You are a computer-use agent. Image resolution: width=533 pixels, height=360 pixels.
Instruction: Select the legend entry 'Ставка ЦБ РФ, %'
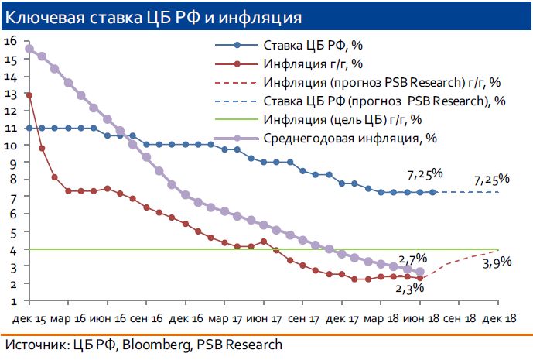click(x=309, y=46)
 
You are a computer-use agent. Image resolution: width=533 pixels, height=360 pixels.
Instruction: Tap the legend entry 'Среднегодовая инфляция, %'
click(x=338, y=139)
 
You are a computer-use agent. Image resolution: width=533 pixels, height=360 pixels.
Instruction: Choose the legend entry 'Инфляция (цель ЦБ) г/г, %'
click(x=342, y=120)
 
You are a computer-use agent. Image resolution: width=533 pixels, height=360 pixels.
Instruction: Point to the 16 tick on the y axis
click(x=10, y=42)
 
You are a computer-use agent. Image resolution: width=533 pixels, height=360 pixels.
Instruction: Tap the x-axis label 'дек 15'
click(x=29, y=317)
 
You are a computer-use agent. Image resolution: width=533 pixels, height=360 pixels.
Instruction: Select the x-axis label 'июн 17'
click(x=266, y=317)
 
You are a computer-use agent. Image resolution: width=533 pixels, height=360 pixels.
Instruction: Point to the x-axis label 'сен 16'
click(x=148, y=317)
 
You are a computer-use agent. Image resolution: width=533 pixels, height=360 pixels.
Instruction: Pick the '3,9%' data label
click(x=496, y=262)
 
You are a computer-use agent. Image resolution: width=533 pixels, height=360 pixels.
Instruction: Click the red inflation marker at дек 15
click(x=29, y=95)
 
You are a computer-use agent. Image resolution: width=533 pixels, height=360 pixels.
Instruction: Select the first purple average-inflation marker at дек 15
click(x=29, y=49)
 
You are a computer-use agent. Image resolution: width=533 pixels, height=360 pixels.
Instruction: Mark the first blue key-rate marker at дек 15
click(x=29, y=129)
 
